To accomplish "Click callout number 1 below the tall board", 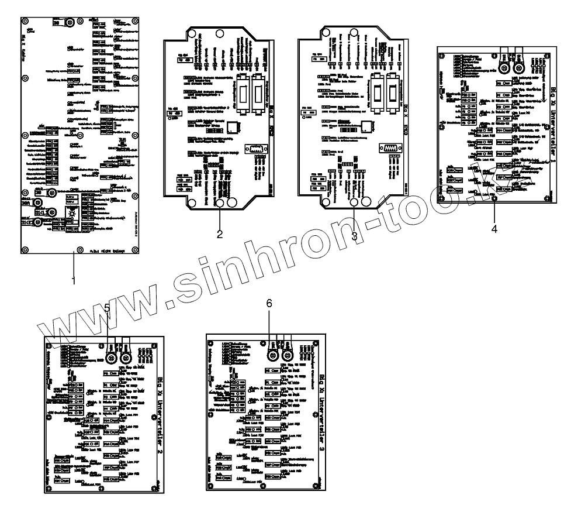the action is click(74, 280).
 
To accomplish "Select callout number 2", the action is click(220, 235).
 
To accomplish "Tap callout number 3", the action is click(355, 235).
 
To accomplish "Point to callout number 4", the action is click(494, 229).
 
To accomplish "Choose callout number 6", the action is click(269, 304).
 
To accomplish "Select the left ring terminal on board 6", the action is click(272, 355).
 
